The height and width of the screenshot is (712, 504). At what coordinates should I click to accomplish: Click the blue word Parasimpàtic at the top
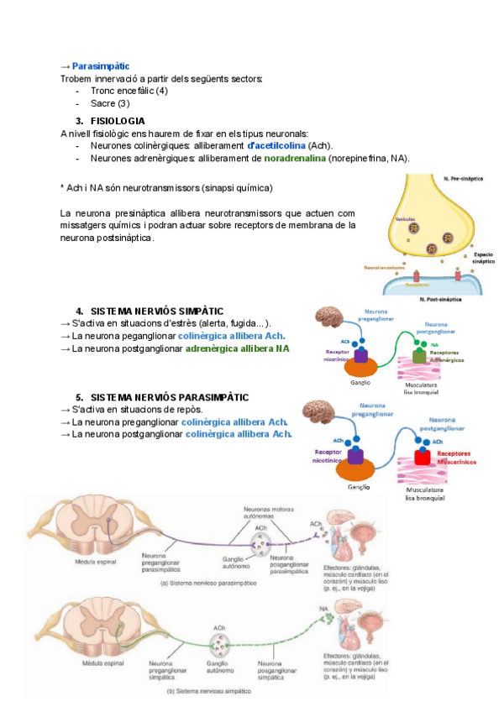101,65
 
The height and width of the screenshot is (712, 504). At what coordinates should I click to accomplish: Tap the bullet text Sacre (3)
110,103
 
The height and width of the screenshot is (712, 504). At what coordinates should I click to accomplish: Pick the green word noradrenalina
295,158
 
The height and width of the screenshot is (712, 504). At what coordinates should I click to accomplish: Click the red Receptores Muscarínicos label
456,458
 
